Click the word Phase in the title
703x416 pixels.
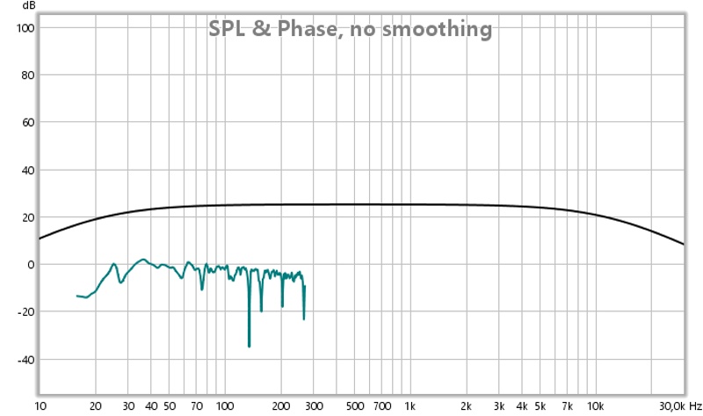pos(304,29)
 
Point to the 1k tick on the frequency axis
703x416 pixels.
pos(409,405)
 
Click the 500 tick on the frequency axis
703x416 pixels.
pos(354,405)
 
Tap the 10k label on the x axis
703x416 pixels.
pos(595,405)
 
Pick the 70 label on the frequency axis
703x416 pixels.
pos(197,405)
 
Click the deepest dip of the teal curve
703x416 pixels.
pos(250,347)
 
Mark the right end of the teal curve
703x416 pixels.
pos(305,286)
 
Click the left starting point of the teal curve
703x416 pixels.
pos(77,296)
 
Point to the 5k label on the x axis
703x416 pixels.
pos(540,405)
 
